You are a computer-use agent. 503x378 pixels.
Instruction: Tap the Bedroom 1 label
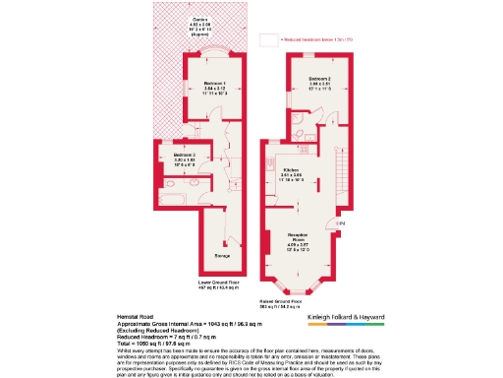point(215,84)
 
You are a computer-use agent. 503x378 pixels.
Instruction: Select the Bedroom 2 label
point(316,78)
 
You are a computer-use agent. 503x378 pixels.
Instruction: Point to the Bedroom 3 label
point(186,155)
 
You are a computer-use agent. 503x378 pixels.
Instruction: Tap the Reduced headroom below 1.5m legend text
point(316,40)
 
